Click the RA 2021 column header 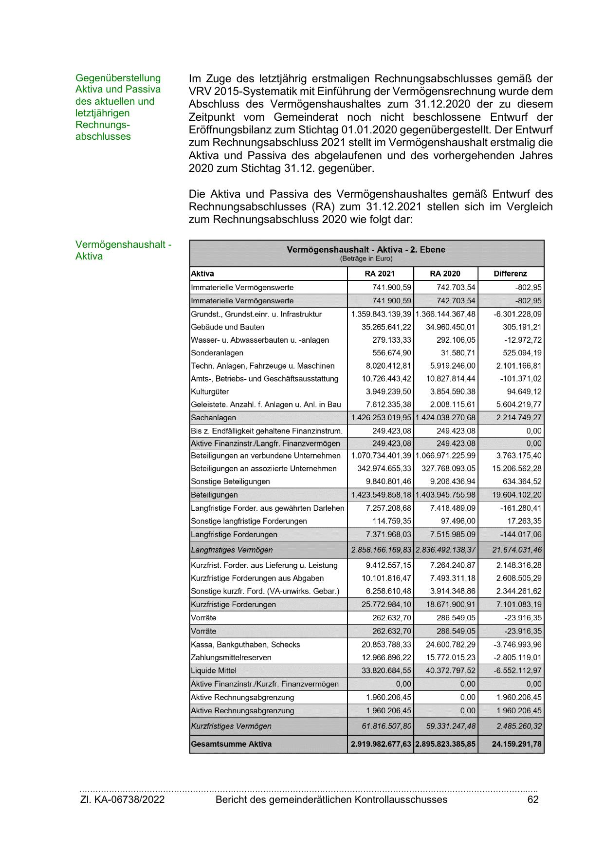[380, 274]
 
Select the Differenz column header [510, 274]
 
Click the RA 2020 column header [445, 274]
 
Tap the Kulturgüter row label [210, 391]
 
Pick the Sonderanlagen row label [217, 353]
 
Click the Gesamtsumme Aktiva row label [231, 744]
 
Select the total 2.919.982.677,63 [381, 744]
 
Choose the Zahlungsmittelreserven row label [231, 657]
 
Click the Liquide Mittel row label [214, 670]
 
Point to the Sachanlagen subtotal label [213, 417]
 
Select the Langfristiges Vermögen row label [232, 550]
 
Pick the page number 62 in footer [533, 799]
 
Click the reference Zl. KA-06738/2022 [122, 799]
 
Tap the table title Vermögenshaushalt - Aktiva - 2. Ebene [366, 250]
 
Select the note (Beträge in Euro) [366, 259]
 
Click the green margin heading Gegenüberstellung [118, 78]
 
